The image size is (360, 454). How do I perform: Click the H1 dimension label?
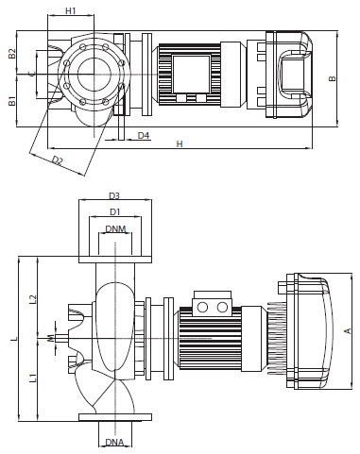pyautogui.click(x=71, y=10)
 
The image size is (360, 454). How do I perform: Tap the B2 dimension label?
pyautogui.click(x=12, y=54)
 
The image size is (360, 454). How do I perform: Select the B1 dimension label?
pyautogui.click(x=12, y=101)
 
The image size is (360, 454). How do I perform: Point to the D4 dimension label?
pyautogui.click(x=144, y=135)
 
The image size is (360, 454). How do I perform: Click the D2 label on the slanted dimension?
pyautogui.click(x=58, y=160)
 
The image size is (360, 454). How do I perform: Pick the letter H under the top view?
pyautogui.click(x=180, y=143)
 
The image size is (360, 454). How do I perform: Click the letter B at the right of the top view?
pyautogui.click(x=333, y=78)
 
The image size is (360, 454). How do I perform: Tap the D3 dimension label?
pyautogui.click(x=114, y=196)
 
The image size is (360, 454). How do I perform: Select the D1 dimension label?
pyautogui.click(x=114, y=212)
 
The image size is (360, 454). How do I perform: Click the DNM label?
pyautogui.click(x=115, y=228)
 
